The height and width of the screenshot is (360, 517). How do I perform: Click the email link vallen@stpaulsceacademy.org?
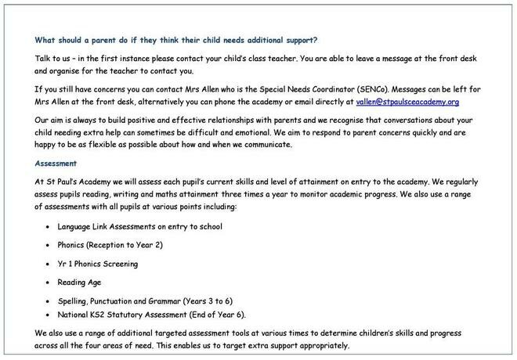[x=407, y=102]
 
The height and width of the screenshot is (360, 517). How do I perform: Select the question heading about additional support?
[x=176, y=39]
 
